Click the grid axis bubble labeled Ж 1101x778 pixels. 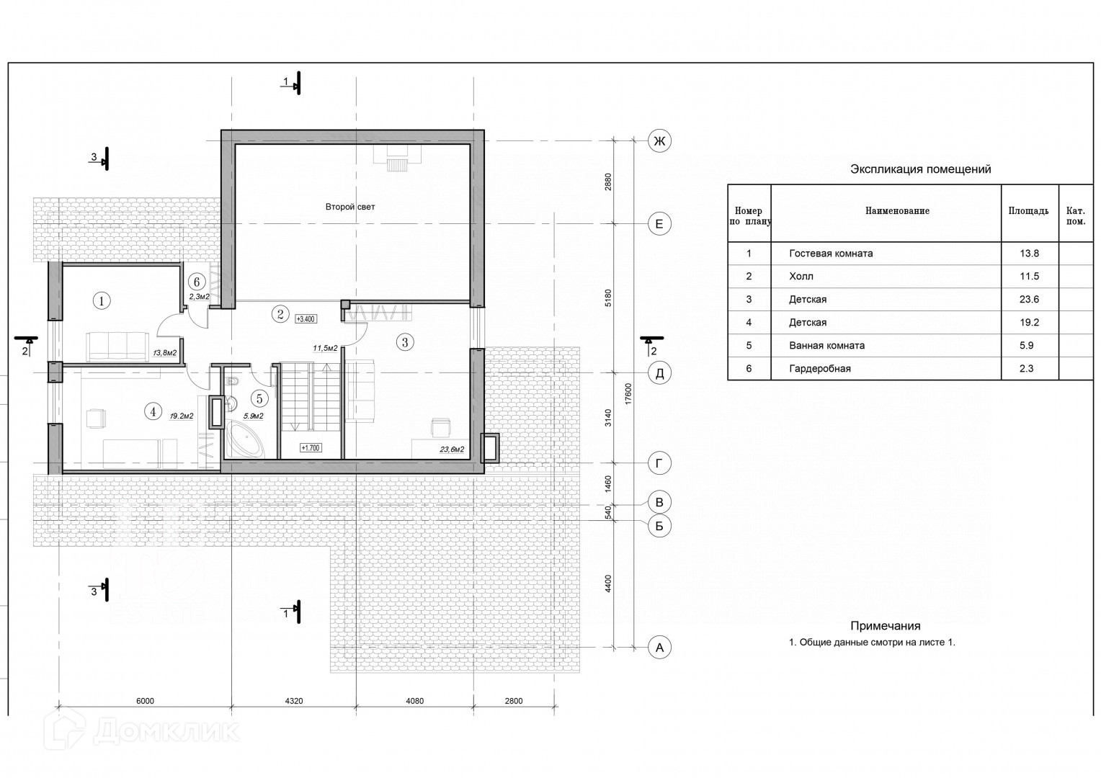[x=659, y=141]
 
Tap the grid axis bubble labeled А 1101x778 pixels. [x=659, y=648]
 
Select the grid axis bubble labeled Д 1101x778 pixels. [x=659, y=373]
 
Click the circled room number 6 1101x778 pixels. [x=197, y=282]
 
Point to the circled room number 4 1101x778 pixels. [x=153, y=411]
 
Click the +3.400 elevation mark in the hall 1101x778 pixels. [x=306, y=319]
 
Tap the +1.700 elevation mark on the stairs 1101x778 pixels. [x=311, y=448]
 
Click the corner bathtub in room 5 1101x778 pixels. [x=244, y=442]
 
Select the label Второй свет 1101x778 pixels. [x=350, y=207]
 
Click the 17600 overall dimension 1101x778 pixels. [x=628, y=394]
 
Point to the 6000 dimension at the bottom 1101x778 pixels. [x=145, y=701]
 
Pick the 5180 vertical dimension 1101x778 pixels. [x=608, y=298]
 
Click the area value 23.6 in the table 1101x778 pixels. [x=1029, y=299]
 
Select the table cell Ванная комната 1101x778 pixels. [x=826, y=346]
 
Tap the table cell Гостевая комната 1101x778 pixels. [x=831, y=254]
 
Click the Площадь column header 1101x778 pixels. [x=1028, y=211]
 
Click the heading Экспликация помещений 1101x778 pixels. [x=920, y=169]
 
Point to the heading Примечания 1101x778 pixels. [x=885, y=626]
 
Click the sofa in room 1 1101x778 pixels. [x=118, y=347]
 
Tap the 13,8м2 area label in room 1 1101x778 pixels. [x=165, y=353]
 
